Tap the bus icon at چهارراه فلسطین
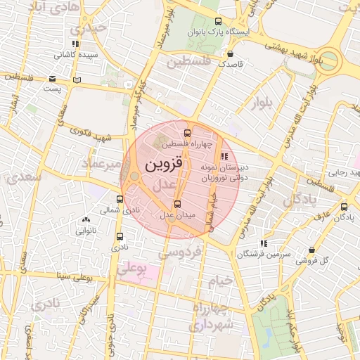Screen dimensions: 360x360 tap(187, 133)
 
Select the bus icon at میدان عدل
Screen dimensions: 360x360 tap(176, 204)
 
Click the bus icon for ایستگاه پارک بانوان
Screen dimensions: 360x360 tap(218, 21)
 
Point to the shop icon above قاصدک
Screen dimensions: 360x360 tap(230, 53)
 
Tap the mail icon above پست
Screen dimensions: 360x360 tap(77, 79)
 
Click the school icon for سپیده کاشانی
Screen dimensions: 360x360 tap(76, 44)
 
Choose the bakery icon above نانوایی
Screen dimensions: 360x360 tap(86, 219)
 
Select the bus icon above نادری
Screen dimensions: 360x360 tap(119, 236)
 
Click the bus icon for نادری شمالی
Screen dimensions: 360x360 tap(119, 199)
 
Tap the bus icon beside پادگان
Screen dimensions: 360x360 tap(344, 207)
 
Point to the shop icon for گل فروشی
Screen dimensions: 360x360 tap(311, 250)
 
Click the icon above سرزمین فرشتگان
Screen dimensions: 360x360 tap(263, 243)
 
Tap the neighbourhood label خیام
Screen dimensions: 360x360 tap(220, 281)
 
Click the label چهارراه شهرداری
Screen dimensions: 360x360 tap(223, 319)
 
